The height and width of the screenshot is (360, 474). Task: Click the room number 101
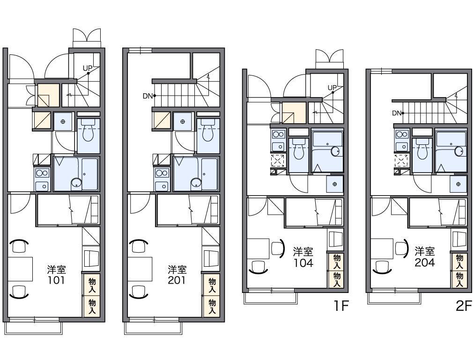pos(56,280)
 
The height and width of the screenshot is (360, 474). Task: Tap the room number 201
pos(177,280)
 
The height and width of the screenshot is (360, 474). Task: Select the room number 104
pos(303,262)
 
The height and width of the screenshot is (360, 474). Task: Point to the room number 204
pos(425,262)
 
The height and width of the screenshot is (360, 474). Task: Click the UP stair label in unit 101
pos(88,69)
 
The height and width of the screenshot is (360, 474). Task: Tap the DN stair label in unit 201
pos(148,96)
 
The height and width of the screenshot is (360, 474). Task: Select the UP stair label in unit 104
pos(332,88)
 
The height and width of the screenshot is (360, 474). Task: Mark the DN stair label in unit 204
pos(397,113)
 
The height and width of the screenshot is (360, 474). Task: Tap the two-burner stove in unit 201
pos(162,173)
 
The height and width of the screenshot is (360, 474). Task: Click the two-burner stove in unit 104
pos(278,134)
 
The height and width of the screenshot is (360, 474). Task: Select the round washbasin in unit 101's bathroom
pos(76,183)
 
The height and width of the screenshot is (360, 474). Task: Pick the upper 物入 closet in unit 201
pos(212,285)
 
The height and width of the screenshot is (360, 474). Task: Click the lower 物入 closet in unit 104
pos(336,279)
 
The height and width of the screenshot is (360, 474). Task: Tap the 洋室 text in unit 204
pos(425,251)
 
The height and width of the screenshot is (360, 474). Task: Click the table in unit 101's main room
pos(20,269)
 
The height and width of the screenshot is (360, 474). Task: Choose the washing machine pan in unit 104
pos(334,184)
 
